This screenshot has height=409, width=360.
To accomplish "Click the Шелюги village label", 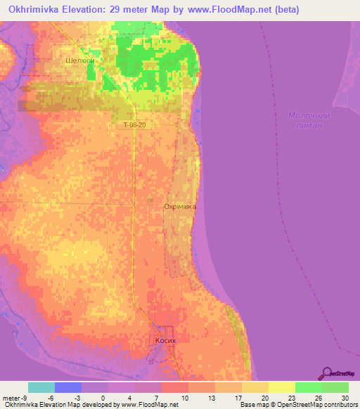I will pyautogui.click(x=79, y=61).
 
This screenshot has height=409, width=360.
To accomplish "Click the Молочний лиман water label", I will pyautogui.click(x=309, y=119).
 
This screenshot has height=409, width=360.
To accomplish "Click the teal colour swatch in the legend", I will pyautogui.click(x=41, y=387).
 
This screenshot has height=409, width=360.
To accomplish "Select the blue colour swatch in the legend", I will pyautogui.click(x=68, y=387).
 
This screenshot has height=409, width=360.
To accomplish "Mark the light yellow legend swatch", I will pyautogui.click(x=282, y=387).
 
